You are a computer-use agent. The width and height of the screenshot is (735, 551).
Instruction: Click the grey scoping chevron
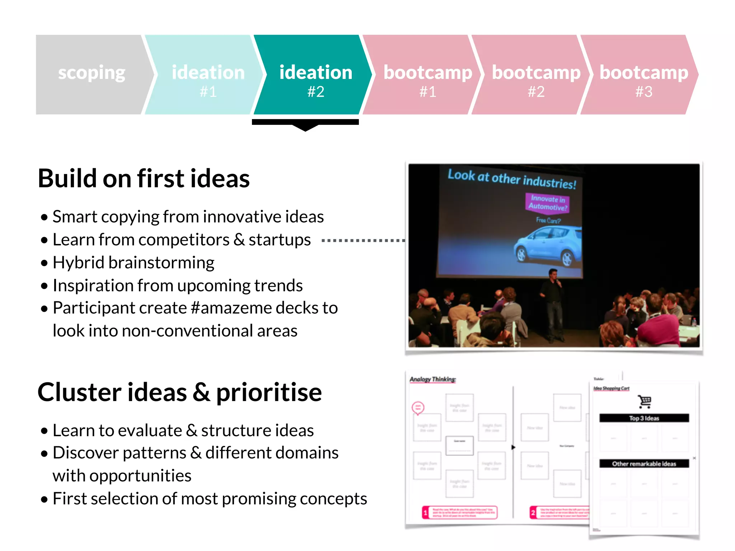pyautogui.click(x=92, y=74)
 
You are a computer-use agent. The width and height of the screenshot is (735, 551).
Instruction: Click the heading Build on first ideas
pyautogui.click(x=144, y=178)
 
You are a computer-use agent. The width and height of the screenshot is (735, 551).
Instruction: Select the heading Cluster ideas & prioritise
pyautogui.click(x=179, y=392)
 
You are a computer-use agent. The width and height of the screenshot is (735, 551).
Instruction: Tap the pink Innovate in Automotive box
pyautogui.click(x=548, y=203)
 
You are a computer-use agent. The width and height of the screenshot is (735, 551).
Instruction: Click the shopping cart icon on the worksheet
pyautogui.click(x=645, y=402)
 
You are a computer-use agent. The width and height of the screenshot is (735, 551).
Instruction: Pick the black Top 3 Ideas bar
pyautogui.click(x=644, y=418)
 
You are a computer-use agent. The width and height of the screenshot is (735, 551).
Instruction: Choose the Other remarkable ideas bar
pyautogui.click(x=644, y=463)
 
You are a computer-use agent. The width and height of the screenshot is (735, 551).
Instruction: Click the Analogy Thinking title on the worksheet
pyautogui.click(x=432, y=379)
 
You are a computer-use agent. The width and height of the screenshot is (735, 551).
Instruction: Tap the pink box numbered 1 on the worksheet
pyautogui.click(x=460, y=512)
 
